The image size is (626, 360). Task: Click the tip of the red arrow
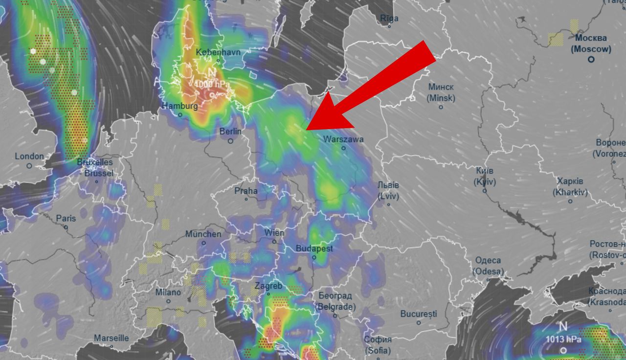point(307,129)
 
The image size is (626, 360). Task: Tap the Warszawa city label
point(343,139)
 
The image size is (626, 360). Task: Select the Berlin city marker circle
point(230,141)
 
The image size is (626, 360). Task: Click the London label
point(29,157)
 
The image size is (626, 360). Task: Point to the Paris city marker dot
point(66,227)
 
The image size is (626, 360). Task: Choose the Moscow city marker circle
point(591,59)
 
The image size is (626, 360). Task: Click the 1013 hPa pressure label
point(564,339)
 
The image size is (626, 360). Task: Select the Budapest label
point(314,248)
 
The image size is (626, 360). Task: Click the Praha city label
point(246,190)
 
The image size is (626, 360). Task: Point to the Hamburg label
point(180,106)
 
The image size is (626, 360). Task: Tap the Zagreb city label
point(268,286)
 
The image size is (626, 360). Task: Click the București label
point(418,314)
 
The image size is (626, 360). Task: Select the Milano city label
point(167,292)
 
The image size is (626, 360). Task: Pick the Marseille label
point(112,338)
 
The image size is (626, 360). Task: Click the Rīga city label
point(389,19)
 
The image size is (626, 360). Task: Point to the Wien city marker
point(274,241)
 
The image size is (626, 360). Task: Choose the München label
point(203,234)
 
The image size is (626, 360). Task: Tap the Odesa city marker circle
point(488,279)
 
